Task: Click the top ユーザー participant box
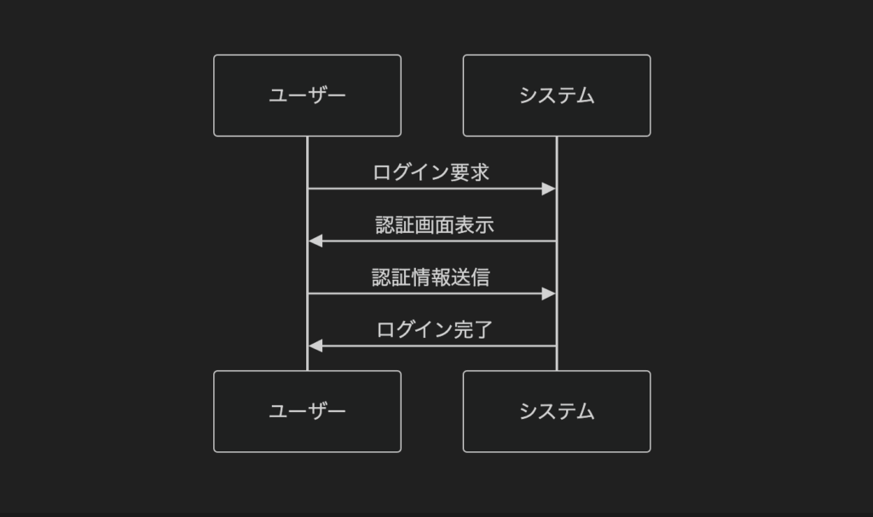(x=307, y=96)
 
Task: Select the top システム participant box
(x=557, y=96)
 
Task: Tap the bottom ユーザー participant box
(x=307, y=411)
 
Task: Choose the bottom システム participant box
(x=557, y=411)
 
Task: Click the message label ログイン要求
(x=431, y=172)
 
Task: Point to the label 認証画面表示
(x=434, y=224)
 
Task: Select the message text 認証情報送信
(x=431, y=277)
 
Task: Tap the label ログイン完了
(x=434, y=329)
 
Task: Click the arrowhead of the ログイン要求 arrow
(x=548, y=189)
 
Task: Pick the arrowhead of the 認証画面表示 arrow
(x=315, y=241)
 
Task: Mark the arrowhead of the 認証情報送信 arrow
(x=548, y=293)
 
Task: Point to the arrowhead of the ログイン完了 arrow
(x=315, y=346)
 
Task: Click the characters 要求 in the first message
(x=470, y=172)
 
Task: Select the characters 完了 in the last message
(x=473, y=329)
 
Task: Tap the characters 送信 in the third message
(x=471, y=277)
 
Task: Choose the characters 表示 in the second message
(x=474, y=224)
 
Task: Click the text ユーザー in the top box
(x=307, y=96)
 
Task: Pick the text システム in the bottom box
(x=557, y=411)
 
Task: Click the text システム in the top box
(x=557, y=96)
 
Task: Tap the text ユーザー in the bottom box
(x=307, y=411)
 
